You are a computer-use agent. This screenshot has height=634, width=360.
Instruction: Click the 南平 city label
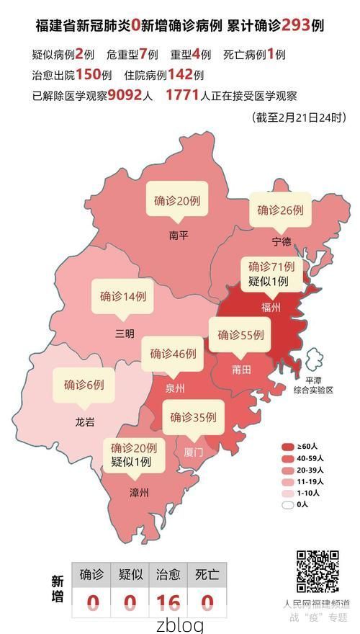[x=178, y=235]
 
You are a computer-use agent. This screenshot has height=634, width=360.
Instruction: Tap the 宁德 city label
[x=281, y=240]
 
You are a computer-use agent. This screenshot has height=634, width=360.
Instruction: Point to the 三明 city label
[x=124, y=333]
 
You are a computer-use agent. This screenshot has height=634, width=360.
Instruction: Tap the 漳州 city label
[x=139, y=493]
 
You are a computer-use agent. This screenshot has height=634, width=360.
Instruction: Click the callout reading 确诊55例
[x=241, y=335]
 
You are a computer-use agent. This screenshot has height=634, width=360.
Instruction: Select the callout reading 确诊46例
[x=173, y=354]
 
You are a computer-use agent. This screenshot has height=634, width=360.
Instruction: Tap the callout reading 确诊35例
[x=193, y=416]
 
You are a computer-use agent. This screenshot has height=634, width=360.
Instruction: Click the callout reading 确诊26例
[x=281, y=210]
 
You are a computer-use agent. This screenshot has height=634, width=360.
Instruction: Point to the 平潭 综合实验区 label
[x=314, y=385]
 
